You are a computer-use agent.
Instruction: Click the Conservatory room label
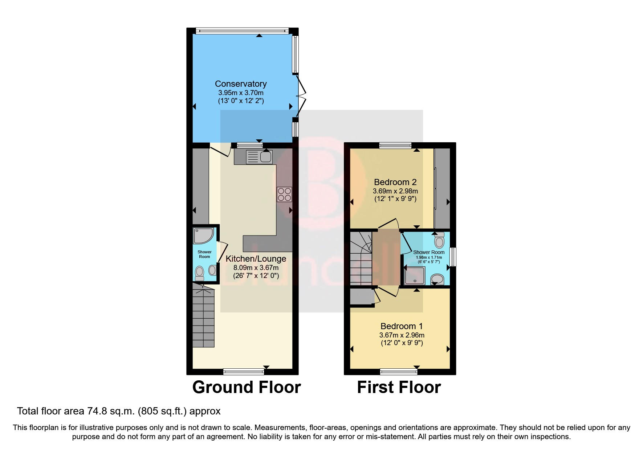(x=241, y=84)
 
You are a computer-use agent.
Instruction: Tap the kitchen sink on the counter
(x=259, y=157)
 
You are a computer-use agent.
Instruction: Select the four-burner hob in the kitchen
(x=284, y=194)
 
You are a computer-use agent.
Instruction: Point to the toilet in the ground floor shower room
(x=199, y=273)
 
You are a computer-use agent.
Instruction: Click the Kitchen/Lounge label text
(x=256, y=259)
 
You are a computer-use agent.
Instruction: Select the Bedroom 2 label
(x=395, y=182)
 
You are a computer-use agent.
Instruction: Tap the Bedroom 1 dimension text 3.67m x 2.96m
(x=402, y=335)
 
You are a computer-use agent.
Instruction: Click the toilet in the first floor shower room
(x=439, y=240)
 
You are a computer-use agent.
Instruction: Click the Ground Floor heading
(x=246, y=387)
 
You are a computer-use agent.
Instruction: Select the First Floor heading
(x=399, y=387)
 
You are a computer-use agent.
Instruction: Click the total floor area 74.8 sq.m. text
(x=119, y=411)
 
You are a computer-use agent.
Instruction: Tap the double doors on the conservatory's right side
(x=301, y=96)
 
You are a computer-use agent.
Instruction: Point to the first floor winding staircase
(x=361, y=258)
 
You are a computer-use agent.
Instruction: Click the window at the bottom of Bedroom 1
(x=399, y=371)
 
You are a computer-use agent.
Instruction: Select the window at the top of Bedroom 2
(x=395, y=146)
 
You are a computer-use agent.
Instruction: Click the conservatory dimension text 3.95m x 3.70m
(x=241, y=93)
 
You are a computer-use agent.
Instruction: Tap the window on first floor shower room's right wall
(x=453, y=257)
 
